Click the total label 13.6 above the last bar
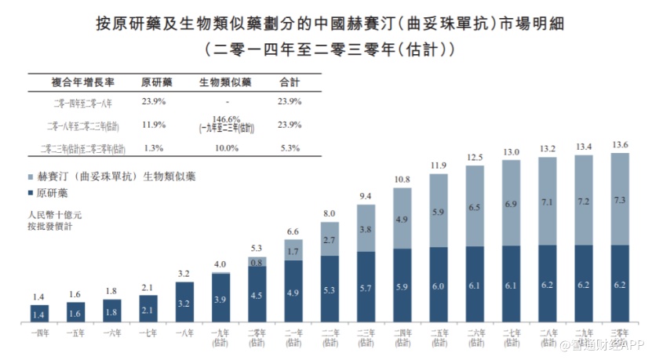coord(620,144)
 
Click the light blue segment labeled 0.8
coord(257,263)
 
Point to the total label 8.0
coord(330,213)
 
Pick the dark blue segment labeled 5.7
coord(366,288)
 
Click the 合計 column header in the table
coord(290,82)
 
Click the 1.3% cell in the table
coord(154,147)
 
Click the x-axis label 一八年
coord(185,333)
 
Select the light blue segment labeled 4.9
coord(402,219)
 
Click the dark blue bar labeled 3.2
coord(185,303)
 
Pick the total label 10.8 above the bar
coord(402,180)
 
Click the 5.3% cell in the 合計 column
coord(290,147)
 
